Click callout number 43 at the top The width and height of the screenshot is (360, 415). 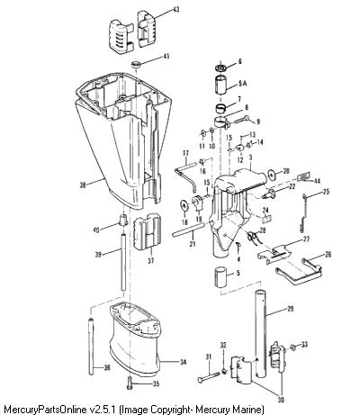[x=175, y=9]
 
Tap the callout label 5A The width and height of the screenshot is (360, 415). [x=242, y=84]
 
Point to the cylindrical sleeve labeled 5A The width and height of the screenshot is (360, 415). [x=220, y=85]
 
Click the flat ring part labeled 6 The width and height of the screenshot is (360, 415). [x=220, y=68]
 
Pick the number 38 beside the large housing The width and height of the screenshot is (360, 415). [x=83, y=185]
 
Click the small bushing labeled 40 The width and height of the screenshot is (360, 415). [x=123, y=220]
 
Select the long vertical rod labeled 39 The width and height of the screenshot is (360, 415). [x=123, y=262]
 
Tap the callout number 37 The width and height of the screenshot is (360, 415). [x=150, y=261]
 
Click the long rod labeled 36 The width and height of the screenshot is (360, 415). [x=91, y=347]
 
